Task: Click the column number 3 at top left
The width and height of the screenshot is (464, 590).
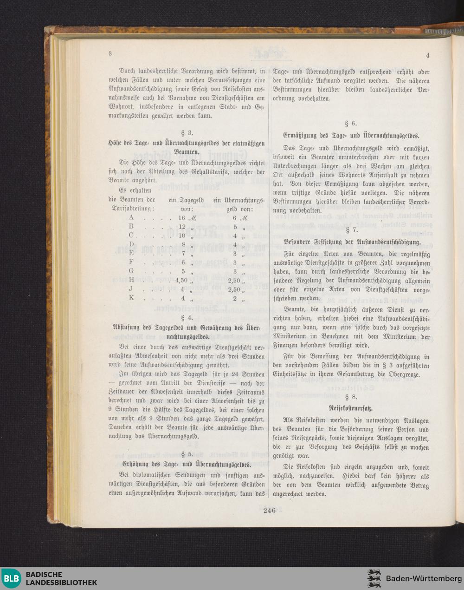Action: coord(110,53)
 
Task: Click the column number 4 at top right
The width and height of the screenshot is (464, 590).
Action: coord(427,55)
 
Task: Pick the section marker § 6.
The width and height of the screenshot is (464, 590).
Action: coord(351,124)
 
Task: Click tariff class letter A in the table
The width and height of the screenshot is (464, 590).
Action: coord(131,217)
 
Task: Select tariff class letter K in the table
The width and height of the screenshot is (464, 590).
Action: coord(131,297)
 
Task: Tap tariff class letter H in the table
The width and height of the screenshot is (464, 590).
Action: coord(131,280)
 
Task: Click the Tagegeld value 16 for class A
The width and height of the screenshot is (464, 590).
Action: coord(181,217)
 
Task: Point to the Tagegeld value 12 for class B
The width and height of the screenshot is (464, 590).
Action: coord(182,226)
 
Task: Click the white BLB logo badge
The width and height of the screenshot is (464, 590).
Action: coord(11,578)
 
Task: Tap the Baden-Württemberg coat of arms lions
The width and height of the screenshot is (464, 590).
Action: coord(374,578)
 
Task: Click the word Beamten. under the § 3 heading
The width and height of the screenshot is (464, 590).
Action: coord(187,152)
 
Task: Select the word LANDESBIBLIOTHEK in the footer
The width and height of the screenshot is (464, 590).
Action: coord(61,583)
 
